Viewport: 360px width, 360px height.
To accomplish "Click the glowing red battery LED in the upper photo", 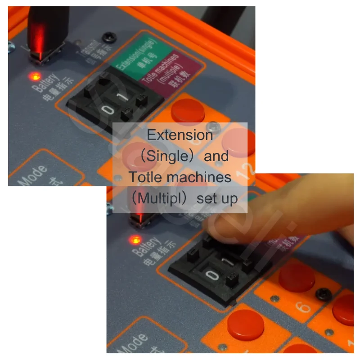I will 34,76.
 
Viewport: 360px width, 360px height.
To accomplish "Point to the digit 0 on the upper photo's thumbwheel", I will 108,110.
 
